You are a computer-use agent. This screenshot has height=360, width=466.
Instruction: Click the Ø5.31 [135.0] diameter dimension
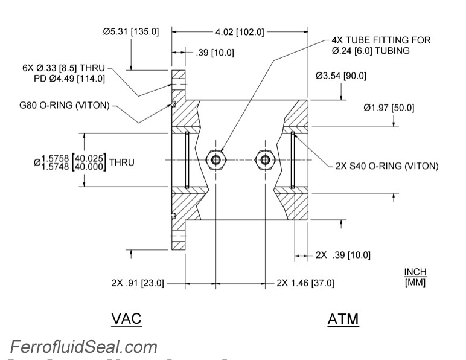pos(130,31)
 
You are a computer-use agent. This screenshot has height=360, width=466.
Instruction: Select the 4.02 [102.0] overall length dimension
pos(239,31)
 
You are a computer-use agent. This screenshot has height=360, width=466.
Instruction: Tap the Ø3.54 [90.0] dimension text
pos(340,76)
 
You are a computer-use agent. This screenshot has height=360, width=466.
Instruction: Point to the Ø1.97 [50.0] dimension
pos(389,108)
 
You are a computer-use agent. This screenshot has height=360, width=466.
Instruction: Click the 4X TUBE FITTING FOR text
pos(381,40)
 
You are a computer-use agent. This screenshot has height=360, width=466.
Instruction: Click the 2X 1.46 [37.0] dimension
pos(305,283)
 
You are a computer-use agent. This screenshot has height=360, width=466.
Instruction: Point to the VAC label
pos(126,318)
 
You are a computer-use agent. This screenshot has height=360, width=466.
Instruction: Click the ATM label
pos(343,319)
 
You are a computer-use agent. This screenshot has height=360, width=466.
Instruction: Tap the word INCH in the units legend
pos(415,271)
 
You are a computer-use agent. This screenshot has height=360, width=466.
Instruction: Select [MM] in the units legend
pos(415,281)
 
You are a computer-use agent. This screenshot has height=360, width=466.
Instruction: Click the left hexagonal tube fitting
pos(215,159)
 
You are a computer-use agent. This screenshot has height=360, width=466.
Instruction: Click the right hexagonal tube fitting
pos(264,159)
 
